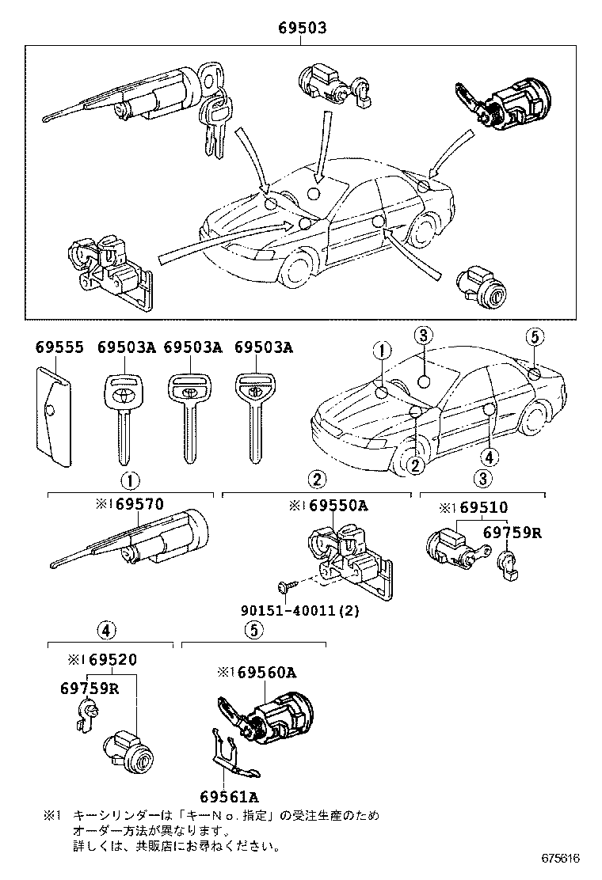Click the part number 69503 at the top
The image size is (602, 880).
pos(302,28)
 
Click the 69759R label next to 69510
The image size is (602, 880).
pos(512,533)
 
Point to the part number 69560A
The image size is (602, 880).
pos(265,673)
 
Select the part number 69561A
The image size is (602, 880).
pos(229,796)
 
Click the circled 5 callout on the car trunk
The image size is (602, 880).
pos(534,337)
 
